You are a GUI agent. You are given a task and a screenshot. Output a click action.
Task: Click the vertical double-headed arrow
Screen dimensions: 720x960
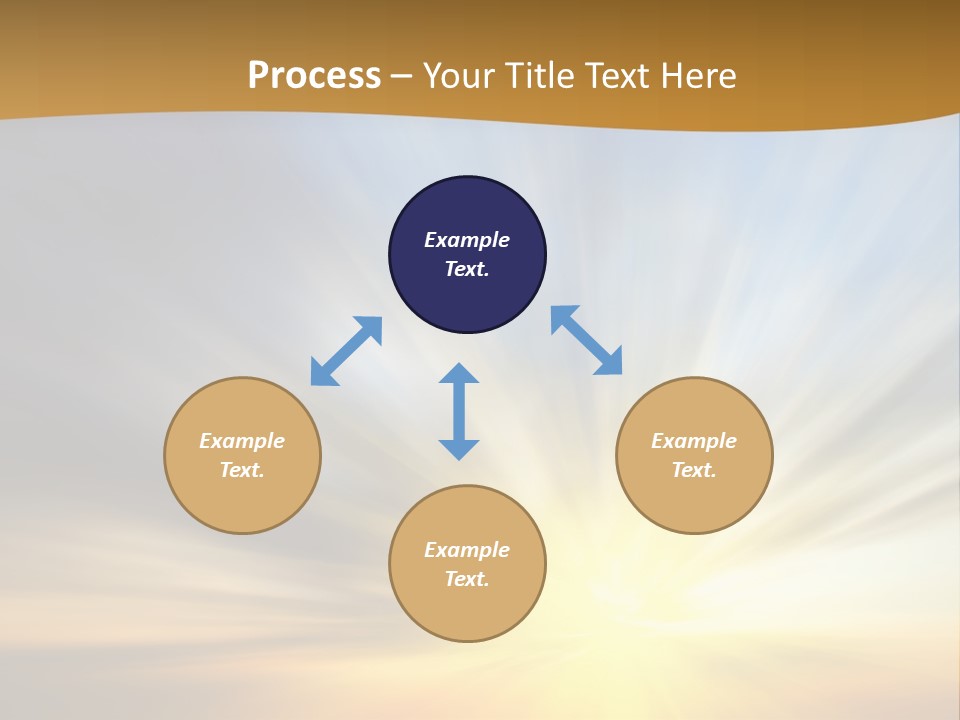[459, 411]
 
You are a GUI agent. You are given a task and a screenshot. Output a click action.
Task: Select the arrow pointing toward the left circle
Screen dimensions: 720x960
[346, 351]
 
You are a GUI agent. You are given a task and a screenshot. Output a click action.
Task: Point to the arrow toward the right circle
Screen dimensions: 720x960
[586, 340]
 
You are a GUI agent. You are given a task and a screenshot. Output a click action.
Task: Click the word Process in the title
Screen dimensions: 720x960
[314, 75]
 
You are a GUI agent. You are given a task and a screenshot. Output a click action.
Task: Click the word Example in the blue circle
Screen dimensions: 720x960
[467, 240]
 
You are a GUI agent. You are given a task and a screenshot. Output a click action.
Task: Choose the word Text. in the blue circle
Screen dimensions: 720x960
[467, 269]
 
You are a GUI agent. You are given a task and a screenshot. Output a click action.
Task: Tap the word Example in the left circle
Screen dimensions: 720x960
[242, 441]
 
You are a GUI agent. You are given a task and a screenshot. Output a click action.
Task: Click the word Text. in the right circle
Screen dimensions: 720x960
[694, 470]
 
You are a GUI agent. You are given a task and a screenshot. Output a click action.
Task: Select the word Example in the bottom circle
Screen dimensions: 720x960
[467, 550]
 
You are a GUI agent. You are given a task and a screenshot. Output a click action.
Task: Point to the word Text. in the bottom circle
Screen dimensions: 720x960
[467, 579]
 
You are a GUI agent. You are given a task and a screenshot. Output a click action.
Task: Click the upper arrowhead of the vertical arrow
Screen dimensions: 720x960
[459, 374]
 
